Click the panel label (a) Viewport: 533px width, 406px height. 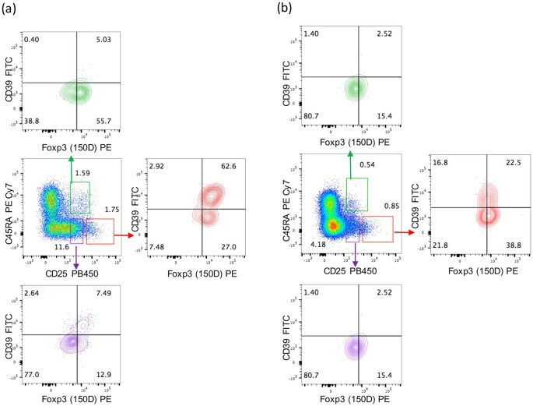pyautogui.click(x=12, y=12)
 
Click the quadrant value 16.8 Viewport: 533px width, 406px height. pyautogui.click(x=439, y=164)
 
